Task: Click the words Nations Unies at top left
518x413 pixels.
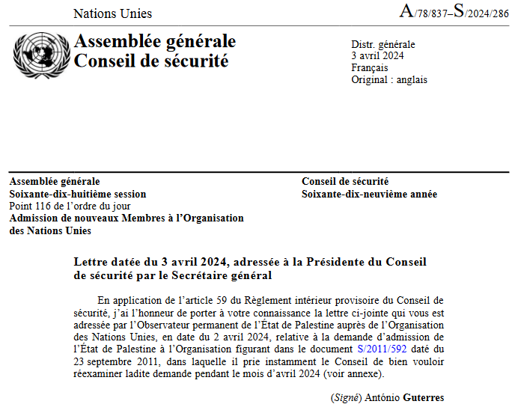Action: (112, 13)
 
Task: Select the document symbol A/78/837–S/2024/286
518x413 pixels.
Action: (454, 12)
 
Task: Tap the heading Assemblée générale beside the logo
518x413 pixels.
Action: (155, 41)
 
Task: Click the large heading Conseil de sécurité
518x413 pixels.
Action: (151, 61)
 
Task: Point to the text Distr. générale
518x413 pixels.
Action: (383, 45)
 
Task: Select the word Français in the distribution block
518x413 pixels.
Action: (370, 68)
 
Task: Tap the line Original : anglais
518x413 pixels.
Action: (389, 80)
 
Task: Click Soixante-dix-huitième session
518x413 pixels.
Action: (78, 194)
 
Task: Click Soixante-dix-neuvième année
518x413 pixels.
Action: (369, 194)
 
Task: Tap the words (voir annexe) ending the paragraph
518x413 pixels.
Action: (354, 373)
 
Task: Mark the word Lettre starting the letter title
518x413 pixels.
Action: (91, 262)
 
